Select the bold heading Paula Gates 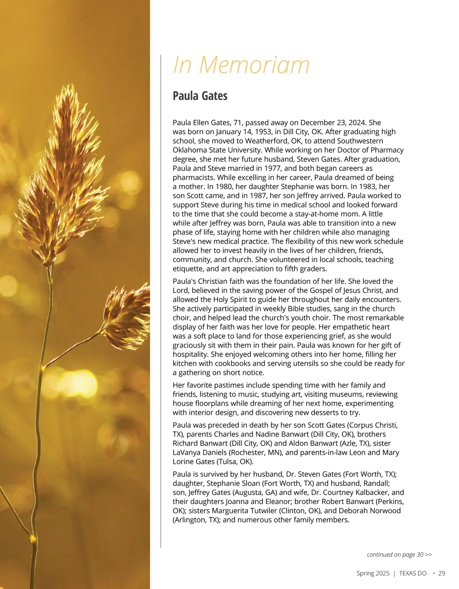pos(200,96)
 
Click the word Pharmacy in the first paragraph pos(386,150)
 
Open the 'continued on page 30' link pos(399,555)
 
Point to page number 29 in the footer pos(442,573)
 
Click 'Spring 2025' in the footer pos(373,573)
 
